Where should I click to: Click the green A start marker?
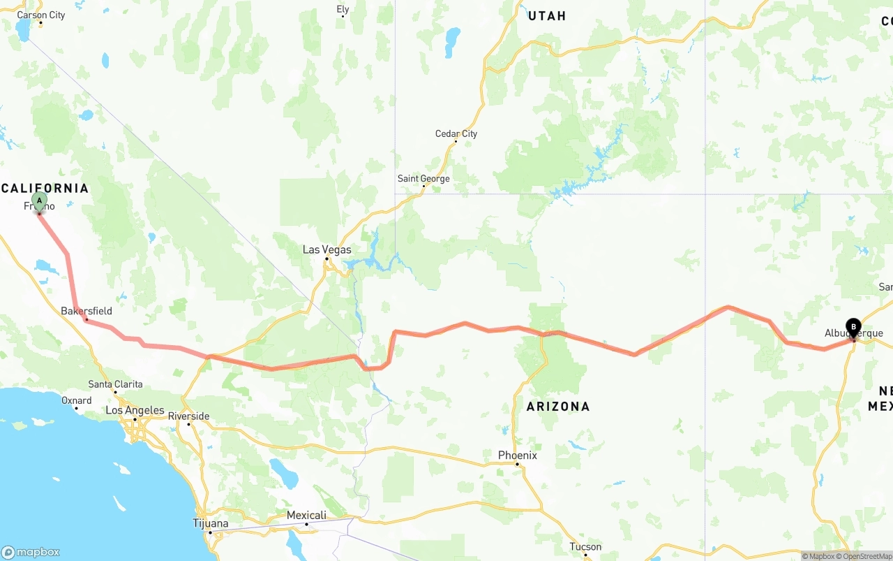(40, 201)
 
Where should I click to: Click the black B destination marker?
(853, 327)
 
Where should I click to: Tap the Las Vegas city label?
(327, 249)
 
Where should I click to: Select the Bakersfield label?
(87, 311)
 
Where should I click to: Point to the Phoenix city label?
(518, 456)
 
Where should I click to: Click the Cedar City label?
(456, 133)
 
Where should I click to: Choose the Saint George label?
(423, 178)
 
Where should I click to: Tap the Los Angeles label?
(135, 411)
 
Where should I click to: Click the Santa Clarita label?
(115, 384)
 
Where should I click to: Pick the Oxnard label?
(77, 400)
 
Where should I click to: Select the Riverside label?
(188, 416)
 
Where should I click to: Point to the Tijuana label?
(210, 523)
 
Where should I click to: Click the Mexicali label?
(306, 516)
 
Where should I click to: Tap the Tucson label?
(585, 547)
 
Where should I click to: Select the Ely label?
(343, 9)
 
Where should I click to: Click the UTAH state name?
(547, 16)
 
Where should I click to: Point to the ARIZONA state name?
(558, 407)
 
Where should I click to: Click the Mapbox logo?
(31, 552)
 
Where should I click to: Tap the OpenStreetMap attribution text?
(865, 557)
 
